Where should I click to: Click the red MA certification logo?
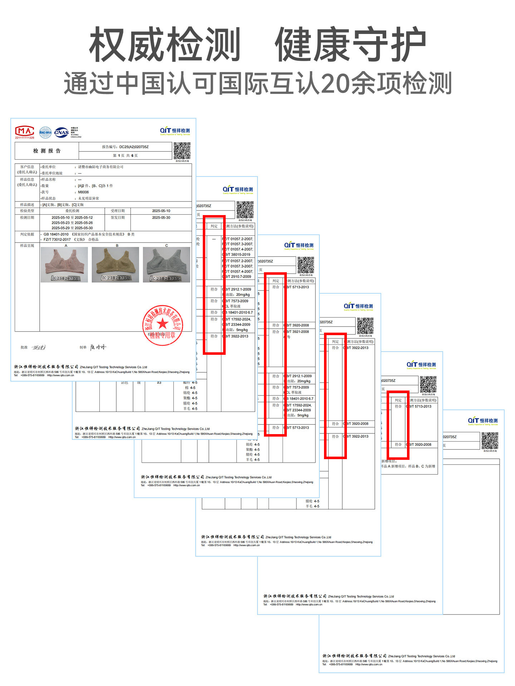(24, 131)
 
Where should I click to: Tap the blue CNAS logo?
(62, 133)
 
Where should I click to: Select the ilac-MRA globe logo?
(45, 133)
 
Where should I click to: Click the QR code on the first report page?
(182, 151)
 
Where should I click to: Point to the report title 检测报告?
(47, 151)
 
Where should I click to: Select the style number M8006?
(83, 192)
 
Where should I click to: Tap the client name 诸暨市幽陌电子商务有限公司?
(101, 167)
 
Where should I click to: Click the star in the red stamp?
(162, 324)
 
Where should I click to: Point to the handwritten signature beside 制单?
(98, 347)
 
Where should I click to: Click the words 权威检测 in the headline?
(165, 45)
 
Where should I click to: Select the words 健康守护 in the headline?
(350, 45)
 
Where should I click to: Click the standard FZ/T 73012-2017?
(57, 240)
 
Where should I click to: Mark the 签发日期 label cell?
(118, 217)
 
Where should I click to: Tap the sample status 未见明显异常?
(88, 198)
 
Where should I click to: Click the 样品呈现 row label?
(27, 246)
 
